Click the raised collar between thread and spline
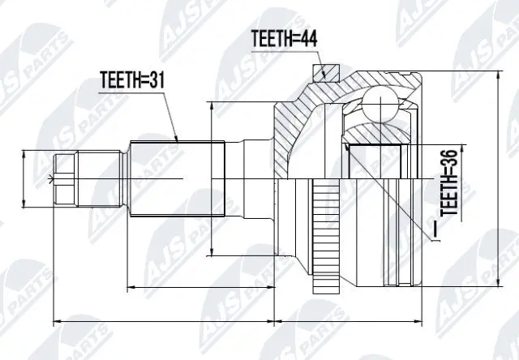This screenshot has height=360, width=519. (125, 178)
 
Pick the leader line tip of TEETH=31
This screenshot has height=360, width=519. (178, 141)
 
